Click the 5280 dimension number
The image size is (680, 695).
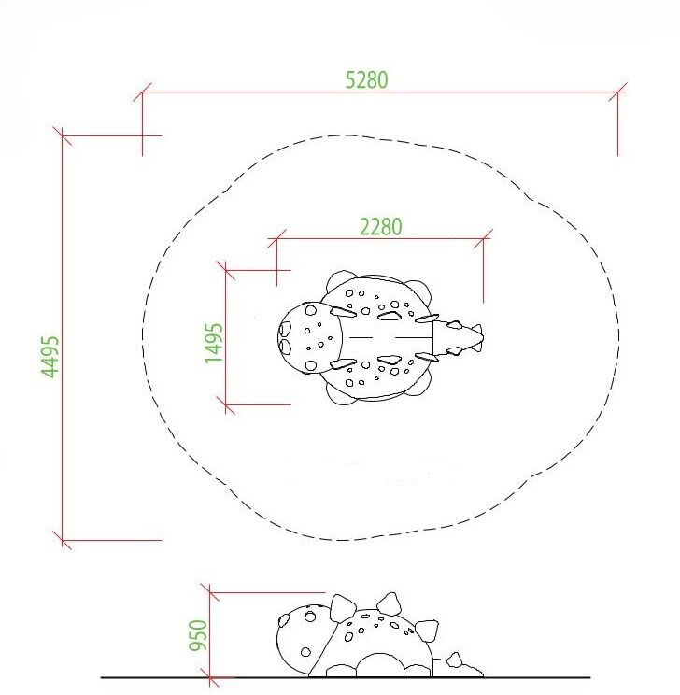(x=366, y=80)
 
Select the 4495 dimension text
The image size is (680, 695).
(x=50, y=357)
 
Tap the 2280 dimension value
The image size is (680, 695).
(x=381, y=227)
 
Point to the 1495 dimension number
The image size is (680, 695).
(x=214, y=343)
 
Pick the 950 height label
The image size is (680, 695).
(x=198, y=635)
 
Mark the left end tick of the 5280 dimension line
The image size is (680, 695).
(x=142, y=92)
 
